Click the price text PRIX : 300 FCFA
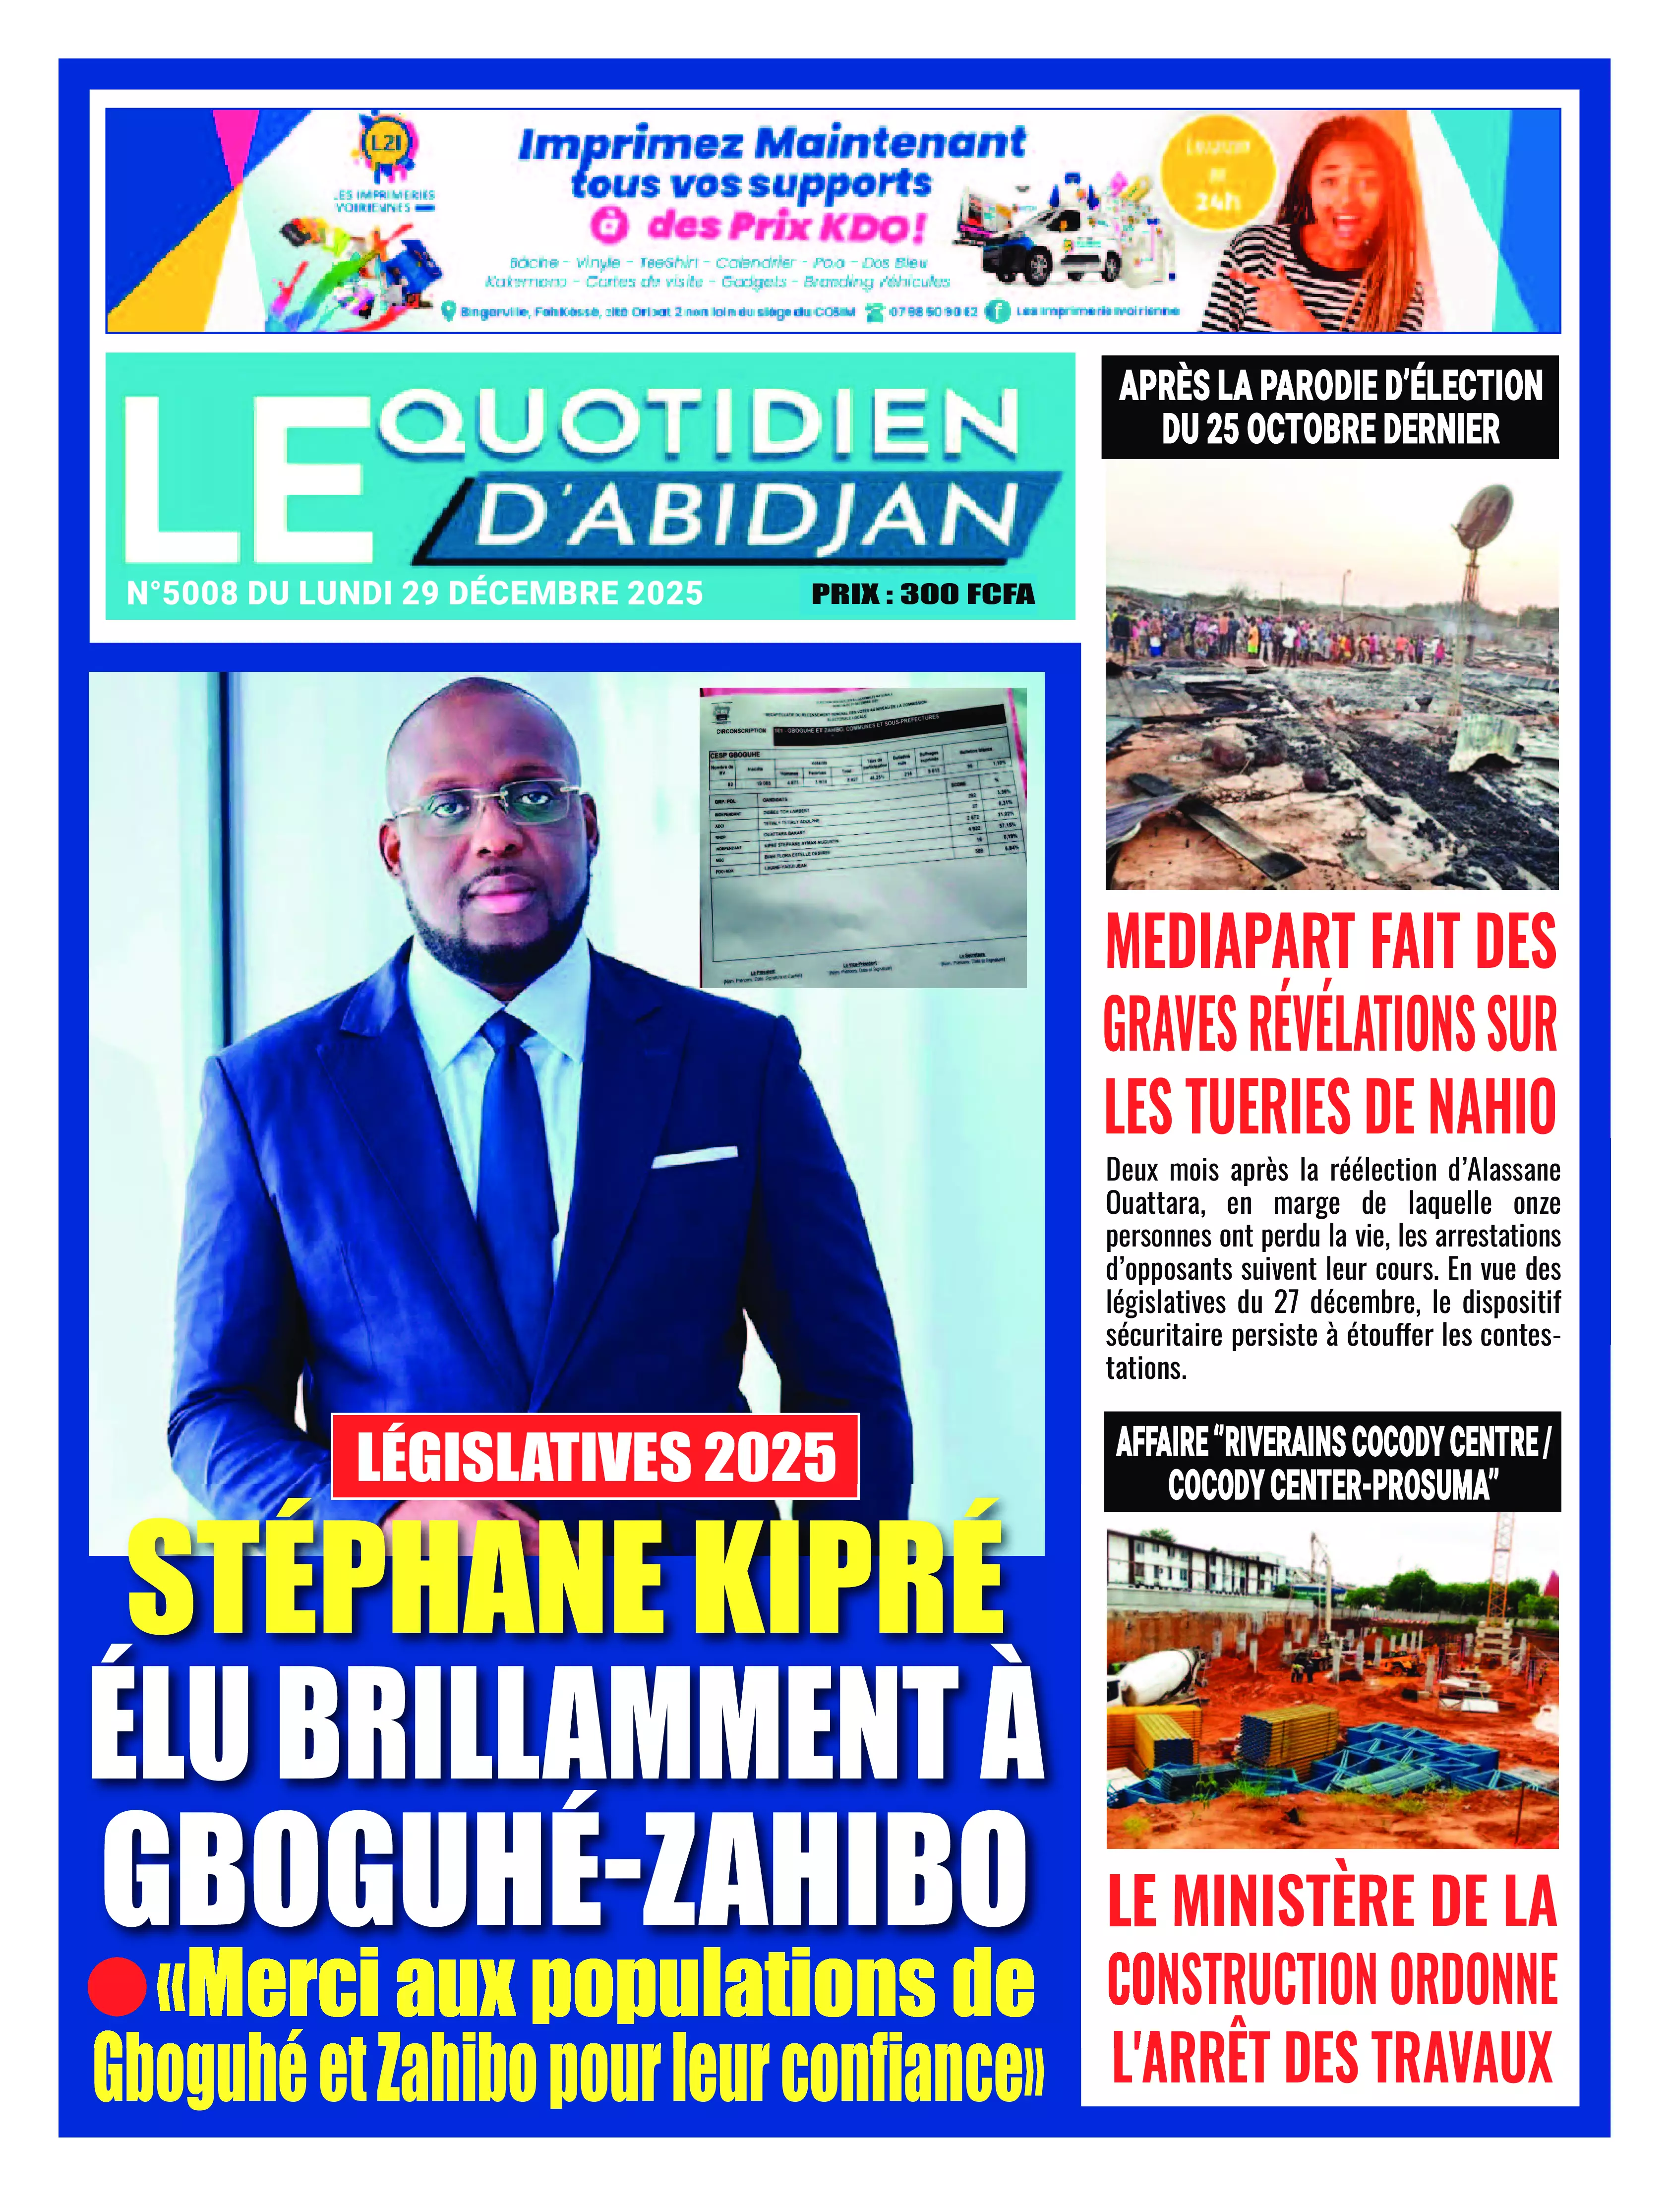coord(923,594)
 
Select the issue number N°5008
coord(182,594)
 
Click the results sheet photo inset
coord(862,836)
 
